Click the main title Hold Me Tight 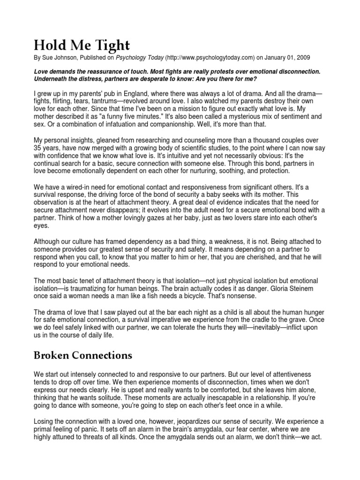pyautogui.click(x=82, y=45)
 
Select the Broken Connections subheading pyautogui.click(x=83, y=355)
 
